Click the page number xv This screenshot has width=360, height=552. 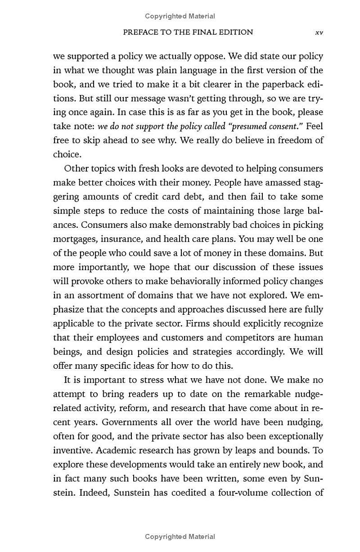[319, 32]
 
